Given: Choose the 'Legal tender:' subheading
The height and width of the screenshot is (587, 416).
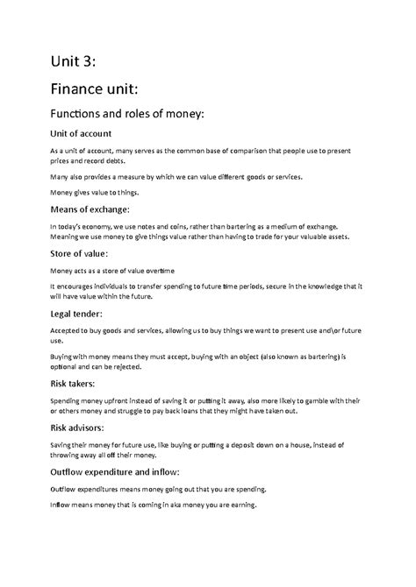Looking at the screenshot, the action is point(78,313).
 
